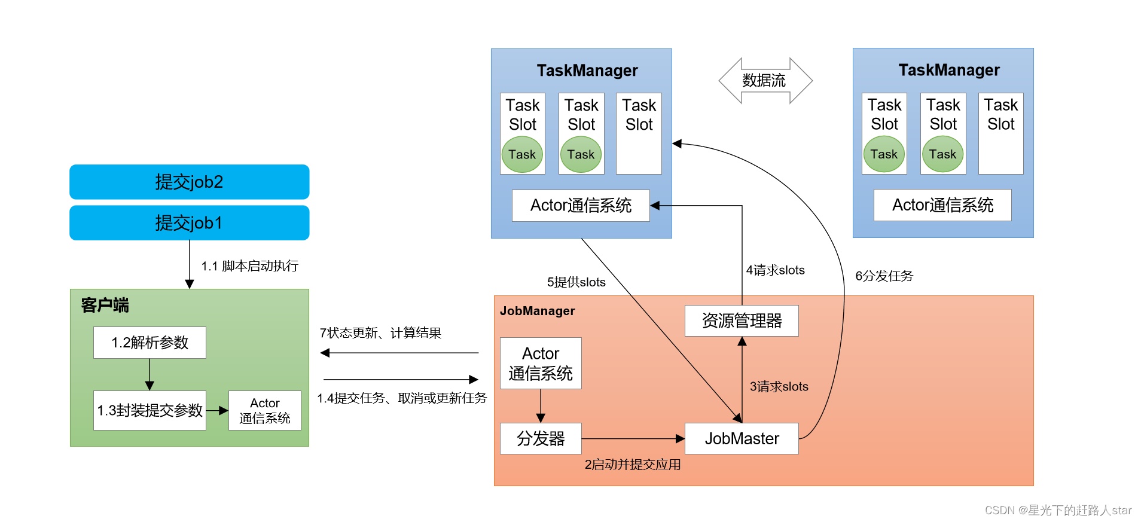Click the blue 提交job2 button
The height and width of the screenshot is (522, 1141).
tap(189, 182)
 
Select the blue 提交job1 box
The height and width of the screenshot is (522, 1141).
tap(189, 223)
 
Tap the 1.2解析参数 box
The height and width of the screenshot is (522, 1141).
tap(150, 343)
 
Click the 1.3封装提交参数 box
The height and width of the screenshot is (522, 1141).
tap(150, 410)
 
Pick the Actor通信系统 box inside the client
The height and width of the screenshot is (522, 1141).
tap(264, 410)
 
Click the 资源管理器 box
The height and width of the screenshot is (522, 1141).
tap(742, 321)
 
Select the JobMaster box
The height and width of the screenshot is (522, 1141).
tap(742, 439)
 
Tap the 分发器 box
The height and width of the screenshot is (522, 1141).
tap(541, 439)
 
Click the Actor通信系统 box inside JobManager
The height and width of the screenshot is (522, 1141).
tap(541, 364)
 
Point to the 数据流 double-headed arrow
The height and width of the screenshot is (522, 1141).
tap(765, 81)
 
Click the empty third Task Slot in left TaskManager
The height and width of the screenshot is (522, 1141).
tap(639, 133)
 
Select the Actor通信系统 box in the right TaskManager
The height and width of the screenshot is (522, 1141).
tap(942, 205)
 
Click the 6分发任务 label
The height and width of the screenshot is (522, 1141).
tap(884, 276)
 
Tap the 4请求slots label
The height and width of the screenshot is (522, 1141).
tap(775, 270)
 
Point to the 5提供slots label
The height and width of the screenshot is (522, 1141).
tap(576, 282)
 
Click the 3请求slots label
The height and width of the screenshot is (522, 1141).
tap(779, 387)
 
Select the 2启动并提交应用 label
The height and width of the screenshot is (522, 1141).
tap(632, 465)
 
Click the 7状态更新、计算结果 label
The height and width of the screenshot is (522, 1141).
tap(380, 333)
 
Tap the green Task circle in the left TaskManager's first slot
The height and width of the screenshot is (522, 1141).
tap(522, 155)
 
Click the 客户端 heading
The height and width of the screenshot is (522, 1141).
tap(105, 306)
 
